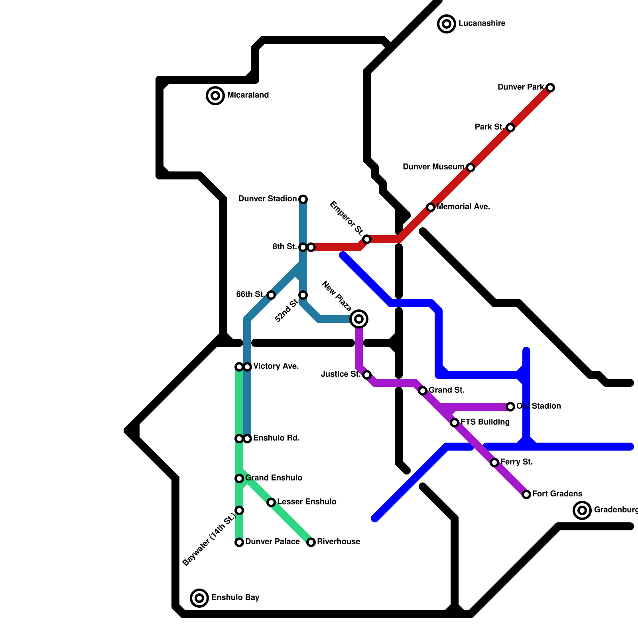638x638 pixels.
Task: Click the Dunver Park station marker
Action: click(550, 88)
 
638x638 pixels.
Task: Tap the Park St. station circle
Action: click(510, 128)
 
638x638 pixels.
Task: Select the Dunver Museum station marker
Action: click(471, 167)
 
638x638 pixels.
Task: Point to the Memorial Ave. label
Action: click(463, 207)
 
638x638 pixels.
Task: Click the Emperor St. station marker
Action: click(367, 239)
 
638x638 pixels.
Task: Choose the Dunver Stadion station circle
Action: click(303, 199)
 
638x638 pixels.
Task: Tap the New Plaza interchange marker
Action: click(359, 319)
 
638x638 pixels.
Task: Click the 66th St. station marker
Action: click(271, 295)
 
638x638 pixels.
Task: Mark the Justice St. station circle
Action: click(367, 375)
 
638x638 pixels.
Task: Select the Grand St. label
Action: click(447, 390)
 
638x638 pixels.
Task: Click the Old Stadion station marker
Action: click(510, 407)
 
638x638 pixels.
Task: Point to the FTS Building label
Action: click(485, 422)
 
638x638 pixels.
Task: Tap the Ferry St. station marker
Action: click(494, 463)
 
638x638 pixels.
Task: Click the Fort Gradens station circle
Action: click(526, 494)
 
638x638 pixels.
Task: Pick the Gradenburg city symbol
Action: click(582, 510)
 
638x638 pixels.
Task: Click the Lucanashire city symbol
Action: click(447, 24)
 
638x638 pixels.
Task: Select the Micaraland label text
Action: click(248, 95)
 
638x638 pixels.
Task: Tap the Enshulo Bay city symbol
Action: click(199, 598)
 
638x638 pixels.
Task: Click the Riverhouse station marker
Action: click(311, 542)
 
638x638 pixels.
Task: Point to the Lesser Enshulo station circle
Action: click(271, 502)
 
